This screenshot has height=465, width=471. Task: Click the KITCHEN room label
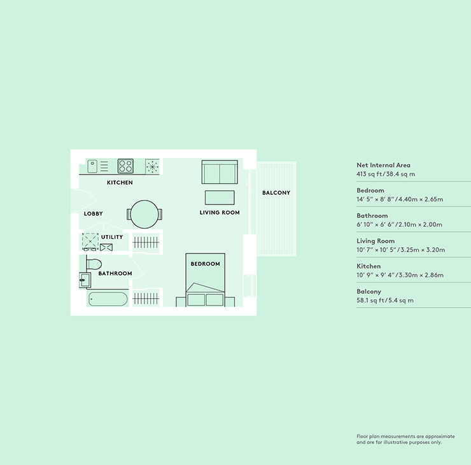pyautogui.click(x=120, y=182)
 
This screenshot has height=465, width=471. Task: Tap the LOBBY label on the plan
pyautogui.click(x=93, y=214)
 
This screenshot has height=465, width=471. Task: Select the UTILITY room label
pyautogui.click(x=112, y=237)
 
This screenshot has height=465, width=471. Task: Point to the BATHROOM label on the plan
pyautogui.click(x=115, y=273)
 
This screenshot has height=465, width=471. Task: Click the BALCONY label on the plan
pyautogui.click(x=276, y=192)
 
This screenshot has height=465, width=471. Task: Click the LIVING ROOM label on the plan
pyautogui.click(x=220, y=213)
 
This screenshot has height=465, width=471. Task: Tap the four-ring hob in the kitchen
pyautogui.click(x=125, y=166)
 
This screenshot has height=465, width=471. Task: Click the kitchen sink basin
pyautogui.click(x=92, y=166)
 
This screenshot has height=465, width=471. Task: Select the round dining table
pyautogui.click(x=144, y=214)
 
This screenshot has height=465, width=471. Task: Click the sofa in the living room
pyautogui.click(x=220, y=172)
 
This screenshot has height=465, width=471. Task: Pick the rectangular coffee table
pyautogui.click(x=220, y=197)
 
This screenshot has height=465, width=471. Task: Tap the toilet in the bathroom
pyautogui.click(x=94, y=264)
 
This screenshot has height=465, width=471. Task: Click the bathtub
pyautogui.click(x=108, y=299)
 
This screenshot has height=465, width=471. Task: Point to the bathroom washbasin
pyautogui.click(x=85, y=280)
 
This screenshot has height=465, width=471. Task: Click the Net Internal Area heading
pyautogui.click(x=383, y=165)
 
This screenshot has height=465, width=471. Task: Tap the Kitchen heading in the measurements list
pyautogui.click(x=369, y=266)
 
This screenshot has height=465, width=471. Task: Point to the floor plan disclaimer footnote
pyautogui.click(x=405, y=439)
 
